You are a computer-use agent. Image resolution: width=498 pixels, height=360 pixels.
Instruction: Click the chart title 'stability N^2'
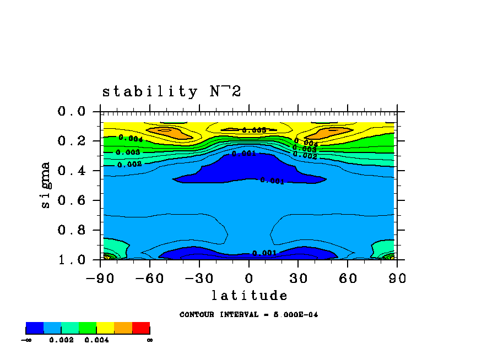click(171, 91)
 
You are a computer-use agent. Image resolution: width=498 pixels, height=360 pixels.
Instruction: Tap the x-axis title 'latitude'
click(249, 296)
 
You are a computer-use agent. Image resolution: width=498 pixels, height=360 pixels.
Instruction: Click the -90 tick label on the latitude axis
click(100, 278)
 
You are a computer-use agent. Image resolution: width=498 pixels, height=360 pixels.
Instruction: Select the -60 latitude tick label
click(149, 278)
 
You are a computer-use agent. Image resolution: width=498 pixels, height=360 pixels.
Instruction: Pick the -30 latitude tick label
click(199, 278)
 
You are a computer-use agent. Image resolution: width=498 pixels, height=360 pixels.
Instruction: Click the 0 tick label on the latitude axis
click(249, 278)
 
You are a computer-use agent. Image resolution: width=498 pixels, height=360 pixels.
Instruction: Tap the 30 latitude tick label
click(298, 278)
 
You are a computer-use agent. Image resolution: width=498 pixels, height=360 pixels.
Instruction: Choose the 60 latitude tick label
click(348, 278)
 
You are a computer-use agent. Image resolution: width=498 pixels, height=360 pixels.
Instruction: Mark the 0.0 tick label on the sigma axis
click(72, 112)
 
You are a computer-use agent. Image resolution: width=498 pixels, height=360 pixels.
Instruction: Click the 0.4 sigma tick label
click(72, 171)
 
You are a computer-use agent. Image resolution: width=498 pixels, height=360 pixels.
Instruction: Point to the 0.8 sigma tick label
click(72, 230)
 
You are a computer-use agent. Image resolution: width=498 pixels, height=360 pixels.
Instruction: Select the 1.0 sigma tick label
click(72, 260)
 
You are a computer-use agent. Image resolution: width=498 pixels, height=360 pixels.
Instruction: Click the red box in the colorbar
click(141, 329)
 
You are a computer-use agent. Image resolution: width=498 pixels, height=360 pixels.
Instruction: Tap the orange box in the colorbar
click(123, 329)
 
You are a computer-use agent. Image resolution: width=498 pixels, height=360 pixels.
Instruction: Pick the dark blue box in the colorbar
click(35, 329)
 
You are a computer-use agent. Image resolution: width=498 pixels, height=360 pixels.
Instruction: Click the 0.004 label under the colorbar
click(96, 340)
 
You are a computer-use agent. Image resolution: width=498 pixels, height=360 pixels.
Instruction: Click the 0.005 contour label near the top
click(254, 130)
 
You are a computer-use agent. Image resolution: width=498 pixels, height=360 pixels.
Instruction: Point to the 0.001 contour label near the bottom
click(264, 253)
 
